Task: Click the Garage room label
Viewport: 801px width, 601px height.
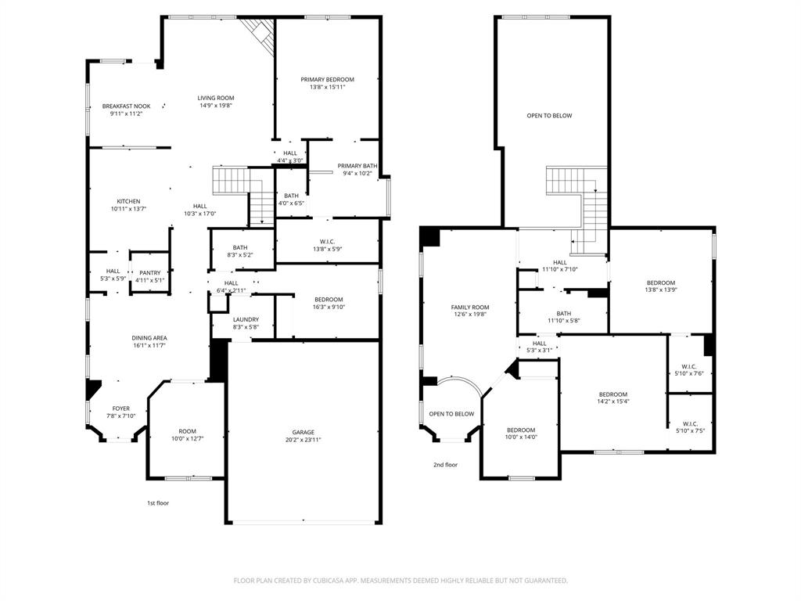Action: pyautogui.click(x=304, y=432)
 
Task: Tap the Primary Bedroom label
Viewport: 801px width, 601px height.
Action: pyautogui.click(x=328, y=79)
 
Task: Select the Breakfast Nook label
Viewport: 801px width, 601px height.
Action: pyautogui.click(x=126, y=106)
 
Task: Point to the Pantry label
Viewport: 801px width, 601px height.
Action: pyautogui.click(x=150, y=272)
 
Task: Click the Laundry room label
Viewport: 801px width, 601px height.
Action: pyautogui.click(x=246, y=319)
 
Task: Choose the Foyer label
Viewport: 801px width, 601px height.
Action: pyautogui.click(x=121, y=408)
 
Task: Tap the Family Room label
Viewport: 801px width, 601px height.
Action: pyautogui.click(x=470, y=307)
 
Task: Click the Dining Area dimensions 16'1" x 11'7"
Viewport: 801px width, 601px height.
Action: pyautogui.click(x=149, y=346)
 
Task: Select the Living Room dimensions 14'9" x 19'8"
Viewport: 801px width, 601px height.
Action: pyautogui.click(x=216, y=106)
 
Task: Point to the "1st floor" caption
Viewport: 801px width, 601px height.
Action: pyautogui.click(x=158, y=503)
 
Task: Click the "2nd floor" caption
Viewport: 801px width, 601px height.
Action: pyautogui.click(x=445, y=465)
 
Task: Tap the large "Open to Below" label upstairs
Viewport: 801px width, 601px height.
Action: pyautogui.click(x=549, y=116)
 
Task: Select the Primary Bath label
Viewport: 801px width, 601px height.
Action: pyautogui.click(x=357, y=166)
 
